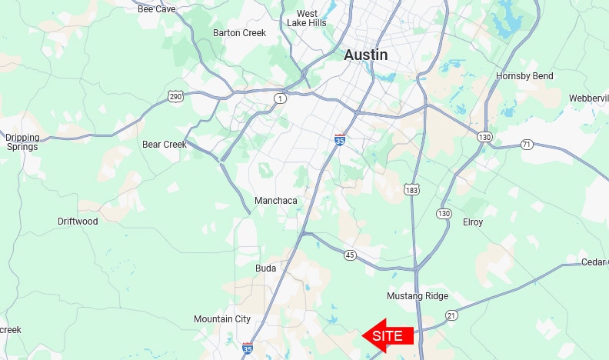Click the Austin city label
click(x=365, y=55)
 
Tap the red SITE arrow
click(x=388, y=336)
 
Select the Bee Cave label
click(x=156, y=9)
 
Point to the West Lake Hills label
click(x=307, y=18)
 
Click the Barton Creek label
click(x=239, y=33)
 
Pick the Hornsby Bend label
click(x=524, y=76)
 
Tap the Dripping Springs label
click(x=22, y=142)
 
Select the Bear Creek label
click(x=165, y=145)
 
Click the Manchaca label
click(x=275, y=201)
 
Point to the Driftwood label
click(x=78, y=222)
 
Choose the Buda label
click(x=265, y=268)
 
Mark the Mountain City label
click(x=222, y=319)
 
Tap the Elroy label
click(x=473, y=222)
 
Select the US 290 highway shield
click(x=175, y=95)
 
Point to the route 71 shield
click(x=527, y=144)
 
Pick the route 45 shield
click(x=351, y=255)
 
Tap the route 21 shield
click(x=451, y=315)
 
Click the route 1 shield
click(x=280, y=98)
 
